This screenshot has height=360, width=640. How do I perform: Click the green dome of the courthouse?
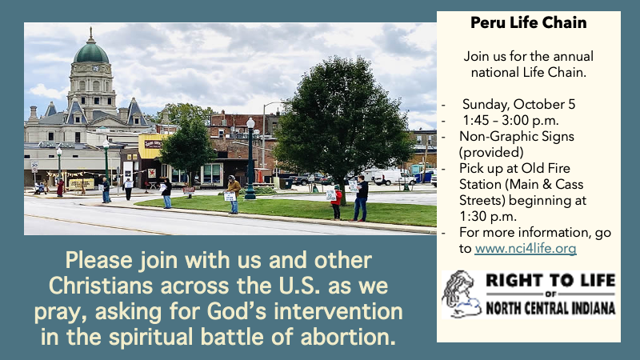(91, 53)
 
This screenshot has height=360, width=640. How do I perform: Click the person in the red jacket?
(336, 202)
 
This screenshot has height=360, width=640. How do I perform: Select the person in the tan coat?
(234, 194)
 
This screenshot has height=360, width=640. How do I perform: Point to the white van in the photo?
(388, 176)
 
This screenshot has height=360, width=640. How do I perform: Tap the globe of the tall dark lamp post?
(250, 123)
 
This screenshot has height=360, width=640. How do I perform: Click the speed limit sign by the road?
(34, 166)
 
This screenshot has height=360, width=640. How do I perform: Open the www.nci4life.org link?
(526, 248)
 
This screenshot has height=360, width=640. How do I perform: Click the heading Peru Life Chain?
(528, 22)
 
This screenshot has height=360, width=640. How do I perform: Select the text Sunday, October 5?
(518, 104)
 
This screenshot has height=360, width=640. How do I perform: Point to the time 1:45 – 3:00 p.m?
(510, 121)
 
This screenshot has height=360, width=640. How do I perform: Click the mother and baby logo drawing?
(462, 294)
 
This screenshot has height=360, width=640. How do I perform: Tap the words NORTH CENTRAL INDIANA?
(550, 308)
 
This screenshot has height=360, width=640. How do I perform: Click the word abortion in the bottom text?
(348, 337)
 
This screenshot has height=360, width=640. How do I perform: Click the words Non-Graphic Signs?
(516, 136)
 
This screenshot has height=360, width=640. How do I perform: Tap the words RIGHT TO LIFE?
(550, 281)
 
